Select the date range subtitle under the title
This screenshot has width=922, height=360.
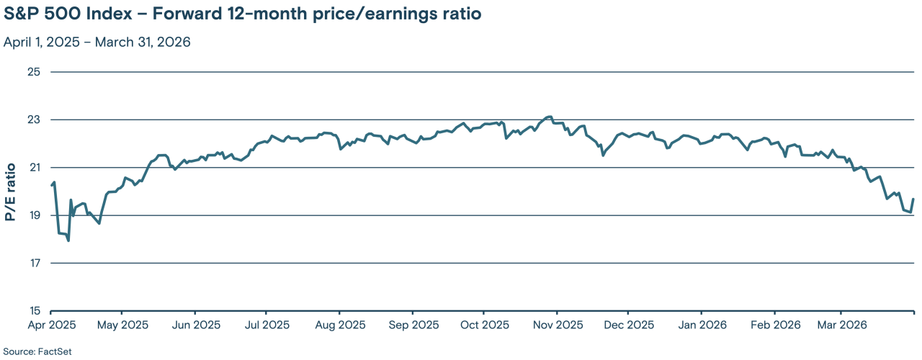[x=97, y=42]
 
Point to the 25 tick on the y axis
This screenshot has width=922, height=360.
[x=34, y=72]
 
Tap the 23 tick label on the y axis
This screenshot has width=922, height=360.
[x=34, y=120]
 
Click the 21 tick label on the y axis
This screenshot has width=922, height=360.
[x=34, y=168]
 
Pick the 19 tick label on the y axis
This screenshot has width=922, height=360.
[x=34, y=215]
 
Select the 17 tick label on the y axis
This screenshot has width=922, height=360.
[x=34, y=264]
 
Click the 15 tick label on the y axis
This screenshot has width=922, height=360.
[x=34, y=311]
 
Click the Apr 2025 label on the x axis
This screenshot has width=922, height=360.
[x=27, y=325]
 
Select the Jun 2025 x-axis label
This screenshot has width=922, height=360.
[x=196, y=325]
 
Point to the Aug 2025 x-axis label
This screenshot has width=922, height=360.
[x=340, y=325]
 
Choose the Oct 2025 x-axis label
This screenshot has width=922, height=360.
[x=484, y=325]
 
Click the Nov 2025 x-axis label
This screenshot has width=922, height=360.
[x=558, y=325]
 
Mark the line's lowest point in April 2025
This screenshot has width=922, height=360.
[x=68, y=240]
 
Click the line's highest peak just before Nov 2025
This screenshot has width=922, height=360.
[x=550, y=117]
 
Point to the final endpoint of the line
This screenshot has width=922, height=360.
[x=913, y=199]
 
